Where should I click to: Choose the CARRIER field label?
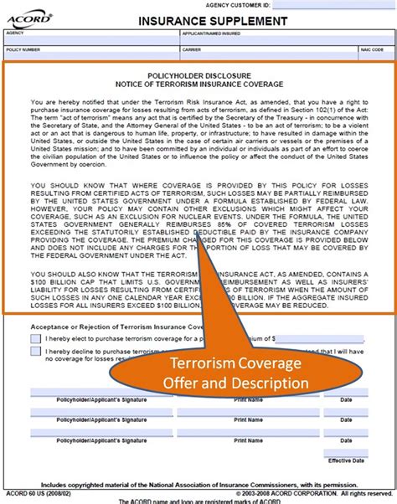(192, 49)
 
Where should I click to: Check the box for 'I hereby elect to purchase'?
(35, 339)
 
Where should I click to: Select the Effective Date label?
(340, 460)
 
